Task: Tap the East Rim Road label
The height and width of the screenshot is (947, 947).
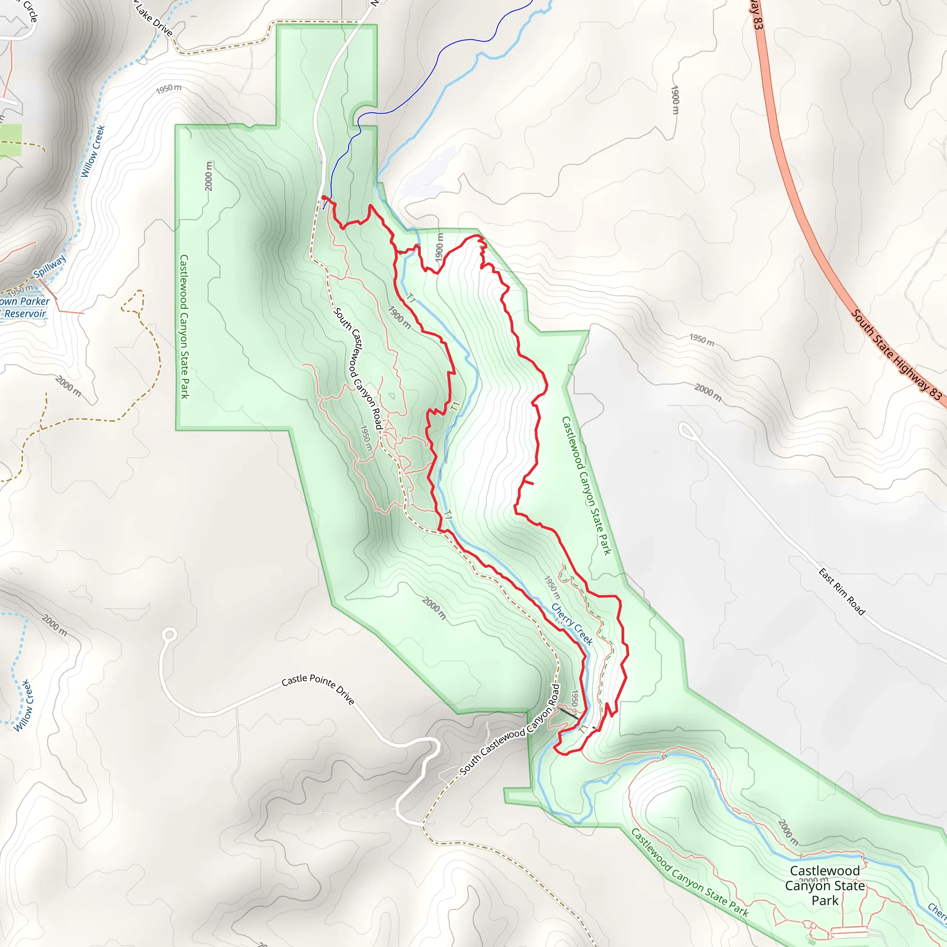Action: pos(842,591)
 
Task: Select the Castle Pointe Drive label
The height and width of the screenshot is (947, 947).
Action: pos(318,689)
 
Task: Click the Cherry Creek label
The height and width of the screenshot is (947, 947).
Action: pos(572,623)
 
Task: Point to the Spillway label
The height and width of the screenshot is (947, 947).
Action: pos(49,267)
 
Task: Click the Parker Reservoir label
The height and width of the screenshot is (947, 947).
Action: pos(25,307)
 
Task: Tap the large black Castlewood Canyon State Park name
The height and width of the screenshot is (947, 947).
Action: pos(825,885)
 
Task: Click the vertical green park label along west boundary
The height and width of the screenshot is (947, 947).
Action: pos(184,326)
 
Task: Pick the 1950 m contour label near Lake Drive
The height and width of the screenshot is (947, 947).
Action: pos(169,89)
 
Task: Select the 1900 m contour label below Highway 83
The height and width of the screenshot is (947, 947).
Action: pos(675,100)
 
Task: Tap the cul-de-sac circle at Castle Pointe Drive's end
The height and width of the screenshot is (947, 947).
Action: pos(170,635)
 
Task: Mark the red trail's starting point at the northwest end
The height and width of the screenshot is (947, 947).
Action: pos(324,197)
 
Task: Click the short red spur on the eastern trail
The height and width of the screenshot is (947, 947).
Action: pos(528,482)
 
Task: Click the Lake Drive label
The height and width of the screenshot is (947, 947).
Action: pos(154,18)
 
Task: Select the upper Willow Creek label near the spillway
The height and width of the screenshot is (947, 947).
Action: pos(93,151)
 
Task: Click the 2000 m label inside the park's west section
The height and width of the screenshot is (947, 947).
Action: pos(209,176)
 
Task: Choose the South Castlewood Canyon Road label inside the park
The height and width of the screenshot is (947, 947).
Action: pos(358,368)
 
